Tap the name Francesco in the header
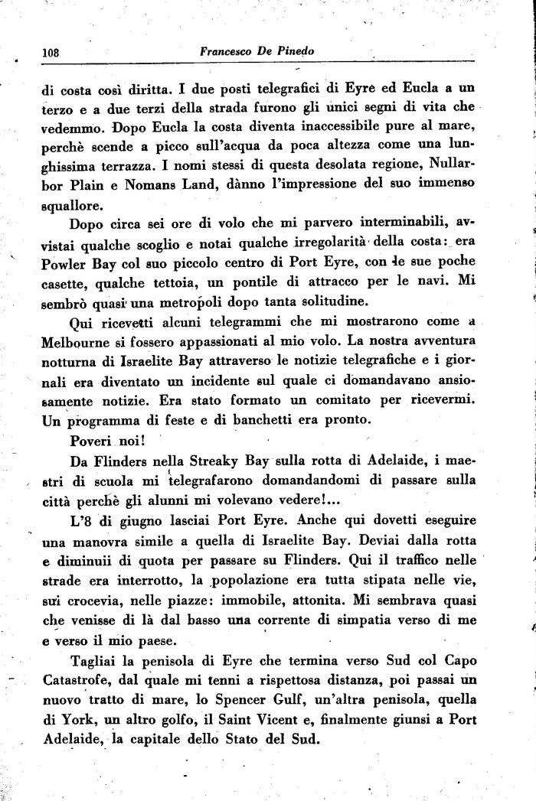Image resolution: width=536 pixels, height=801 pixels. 229,52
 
